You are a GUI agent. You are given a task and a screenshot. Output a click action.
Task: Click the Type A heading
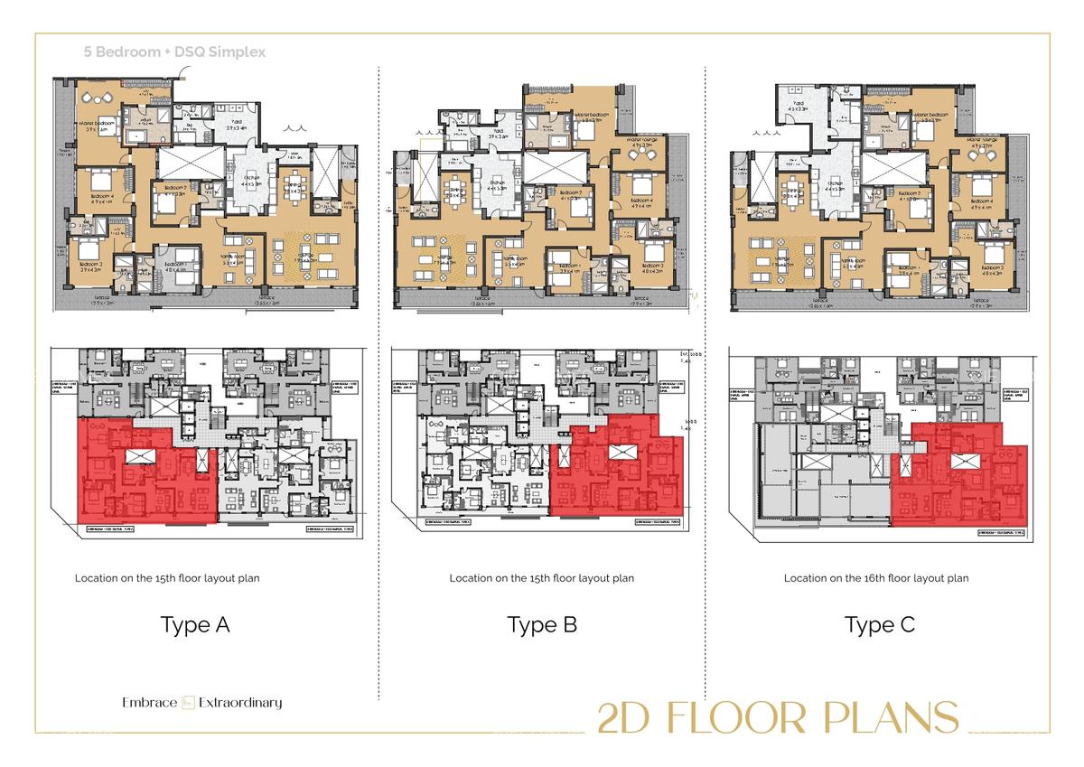pyautogui.click(x=195, y=625)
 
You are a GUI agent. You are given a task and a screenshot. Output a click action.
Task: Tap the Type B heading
pyautogui.click(x=542, y=625)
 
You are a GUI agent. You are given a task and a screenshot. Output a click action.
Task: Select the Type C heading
pyautogui.click(x=880, y=625)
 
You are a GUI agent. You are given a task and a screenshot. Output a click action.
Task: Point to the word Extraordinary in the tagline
pyautogui.click(x=240, y=703)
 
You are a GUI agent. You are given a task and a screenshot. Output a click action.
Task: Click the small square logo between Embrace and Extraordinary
pyautogui.click(x=189, y=703)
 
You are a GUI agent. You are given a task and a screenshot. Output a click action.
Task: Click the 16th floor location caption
pyautogui.click(x=876, y=578)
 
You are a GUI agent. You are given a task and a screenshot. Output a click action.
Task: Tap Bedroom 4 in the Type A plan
pyautogui.click(x=100, y=194)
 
